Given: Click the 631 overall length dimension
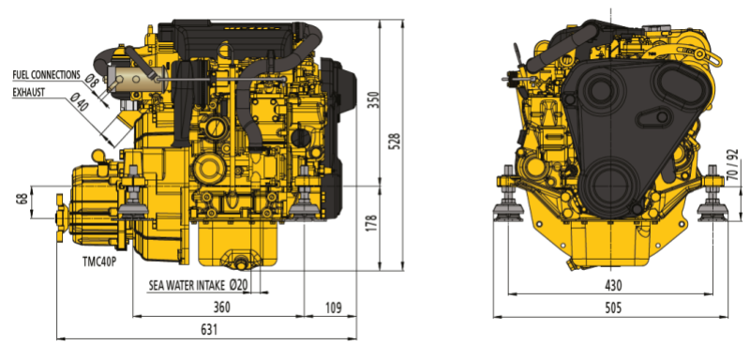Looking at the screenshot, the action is coord(209,329).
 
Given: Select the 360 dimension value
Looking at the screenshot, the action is coord(221,307).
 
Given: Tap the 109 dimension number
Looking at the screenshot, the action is coord(333,307).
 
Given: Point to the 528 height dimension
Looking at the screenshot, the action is coord(395,142).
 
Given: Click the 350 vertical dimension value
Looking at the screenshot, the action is coord(374,99).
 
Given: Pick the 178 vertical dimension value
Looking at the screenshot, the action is coord(374,224).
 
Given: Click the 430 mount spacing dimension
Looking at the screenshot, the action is coord(613,285).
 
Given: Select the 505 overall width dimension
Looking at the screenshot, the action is coord(613,307).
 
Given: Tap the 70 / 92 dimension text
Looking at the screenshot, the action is coord(731,165).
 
